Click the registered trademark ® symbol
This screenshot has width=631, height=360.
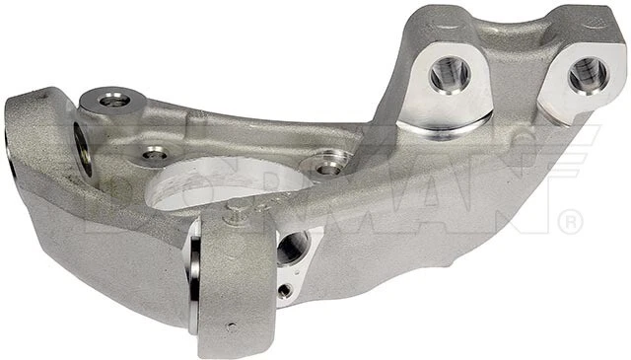pyautogui.click(x=570, y=224)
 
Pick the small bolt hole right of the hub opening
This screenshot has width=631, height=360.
pyautogui.click(x=328, y=167)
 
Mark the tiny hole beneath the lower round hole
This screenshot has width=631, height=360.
pyautogui.click(x=284, y=291)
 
